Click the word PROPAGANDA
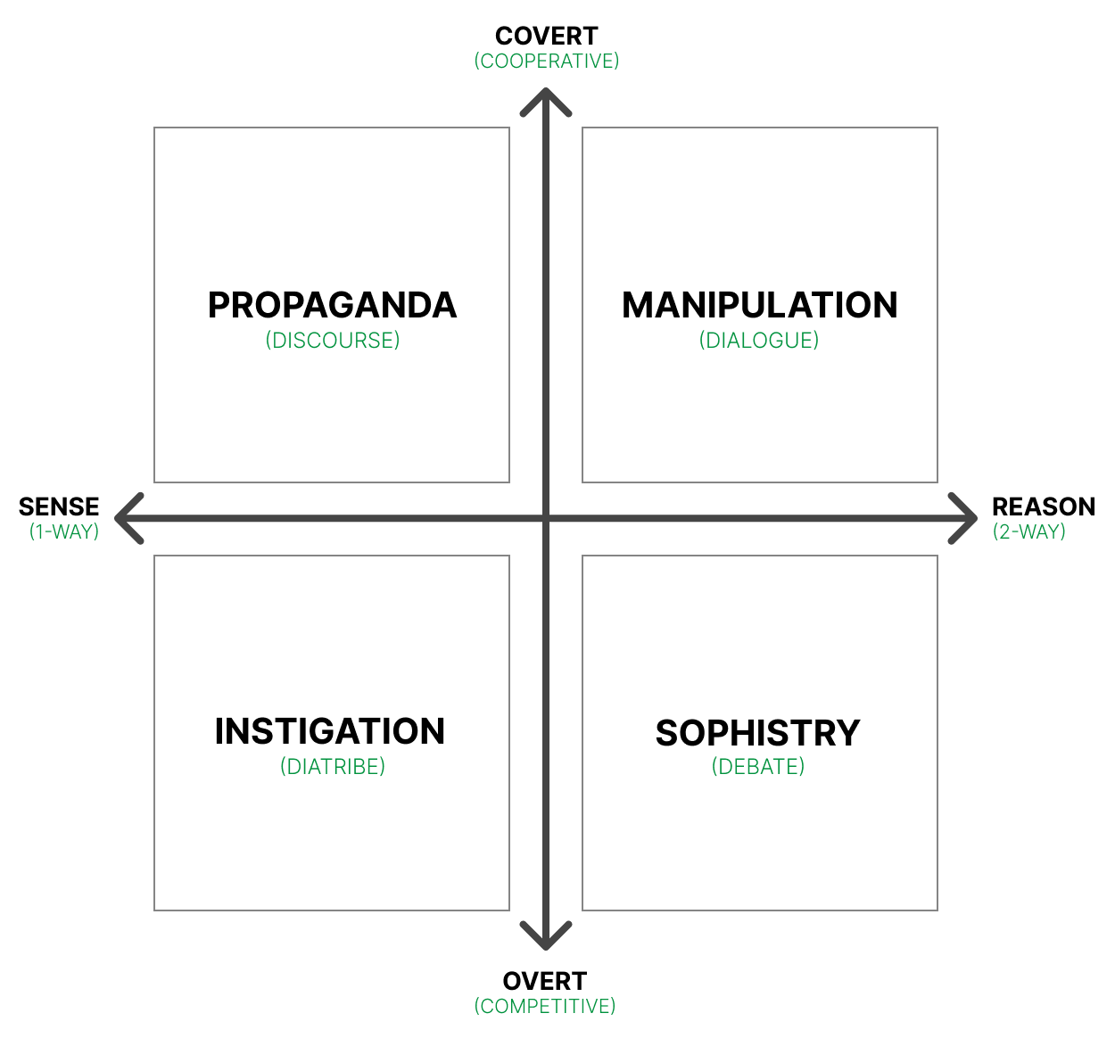[333, 305]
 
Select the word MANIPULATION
[760, 305]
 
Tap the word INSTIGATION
[330, 731]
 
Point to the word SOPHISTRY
[758, 733]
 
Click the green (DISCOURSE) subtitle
[333, 340]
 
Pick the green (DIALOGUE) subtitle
[759, 340]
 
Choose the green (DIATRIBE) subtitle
[333, 766]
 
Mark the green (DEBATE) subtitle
[758, 766]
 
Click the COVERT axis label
[546, 37]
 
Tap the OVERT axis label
[545, 981]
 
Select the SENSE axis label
[59, 507]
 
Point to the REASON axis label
[1044, 507]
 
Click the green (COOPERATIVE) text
[546, 62]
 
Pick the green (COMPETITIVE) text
[545, 1006]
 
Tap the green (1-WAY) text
[64, 531]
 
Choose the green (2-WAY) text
[1029, 531]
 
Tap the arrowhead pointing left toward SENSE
[117, 518]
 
